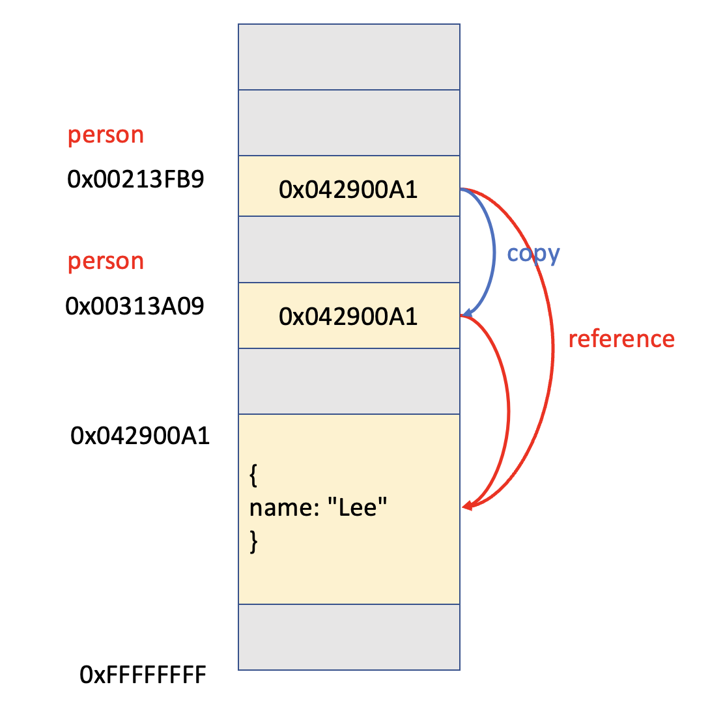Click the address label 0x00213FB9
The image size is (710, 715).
click(135, 179)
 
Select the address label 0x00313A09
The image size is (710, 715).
click(135, 305)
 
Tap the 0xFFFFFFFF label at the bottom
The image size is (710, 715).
click(143, 675)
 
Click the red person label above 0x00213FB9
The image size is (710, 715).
click(106, 135)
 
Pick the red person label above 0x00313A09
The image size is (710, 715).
click(106, 261)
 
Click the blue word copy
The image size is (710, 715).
click(533, 253)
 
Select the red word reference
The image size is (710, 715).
click(621, 339)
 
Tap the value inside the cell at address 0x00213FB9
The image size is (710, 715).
click(348, 189)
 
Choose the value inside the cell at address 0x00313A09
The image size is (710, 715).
click(348, 316)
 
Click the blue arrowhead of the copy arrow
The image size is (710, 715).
click(466, 313)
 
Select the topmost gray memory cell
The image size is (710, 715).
click(348, 57)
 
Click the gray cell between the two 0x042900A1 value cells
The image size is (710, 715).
click(348, 249)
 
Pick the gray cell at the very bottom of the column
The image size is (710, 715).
click(348, 636)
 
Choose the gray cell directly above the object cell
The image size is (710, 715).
click(348, 381)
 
